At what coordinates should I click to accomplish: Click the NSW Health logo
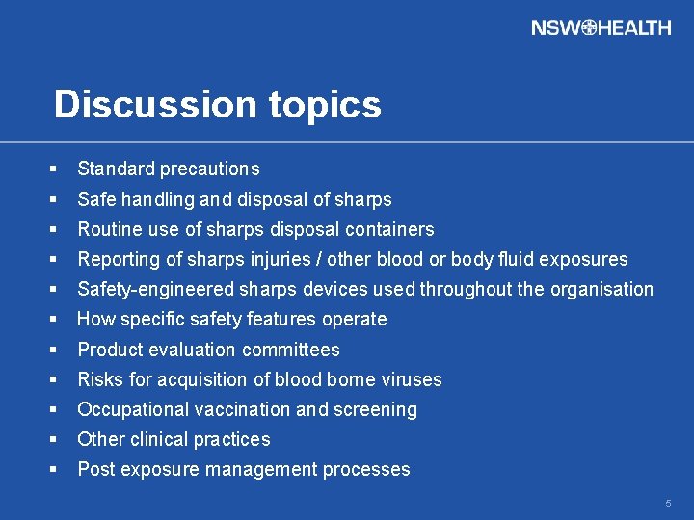(601, 28)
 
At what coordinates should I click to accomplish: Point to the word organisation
(603, 290)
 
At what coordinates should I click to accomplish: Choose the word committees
(291, 350)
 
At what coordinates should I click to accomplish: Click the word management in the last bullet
(268, 470)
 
